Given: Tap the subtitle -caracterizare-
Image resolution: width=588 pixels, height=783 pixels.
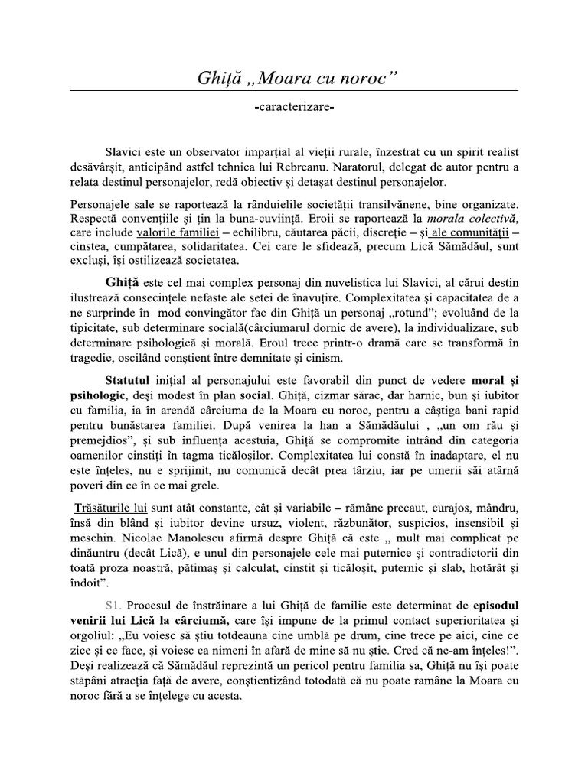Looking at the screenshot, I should point(293,110).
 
